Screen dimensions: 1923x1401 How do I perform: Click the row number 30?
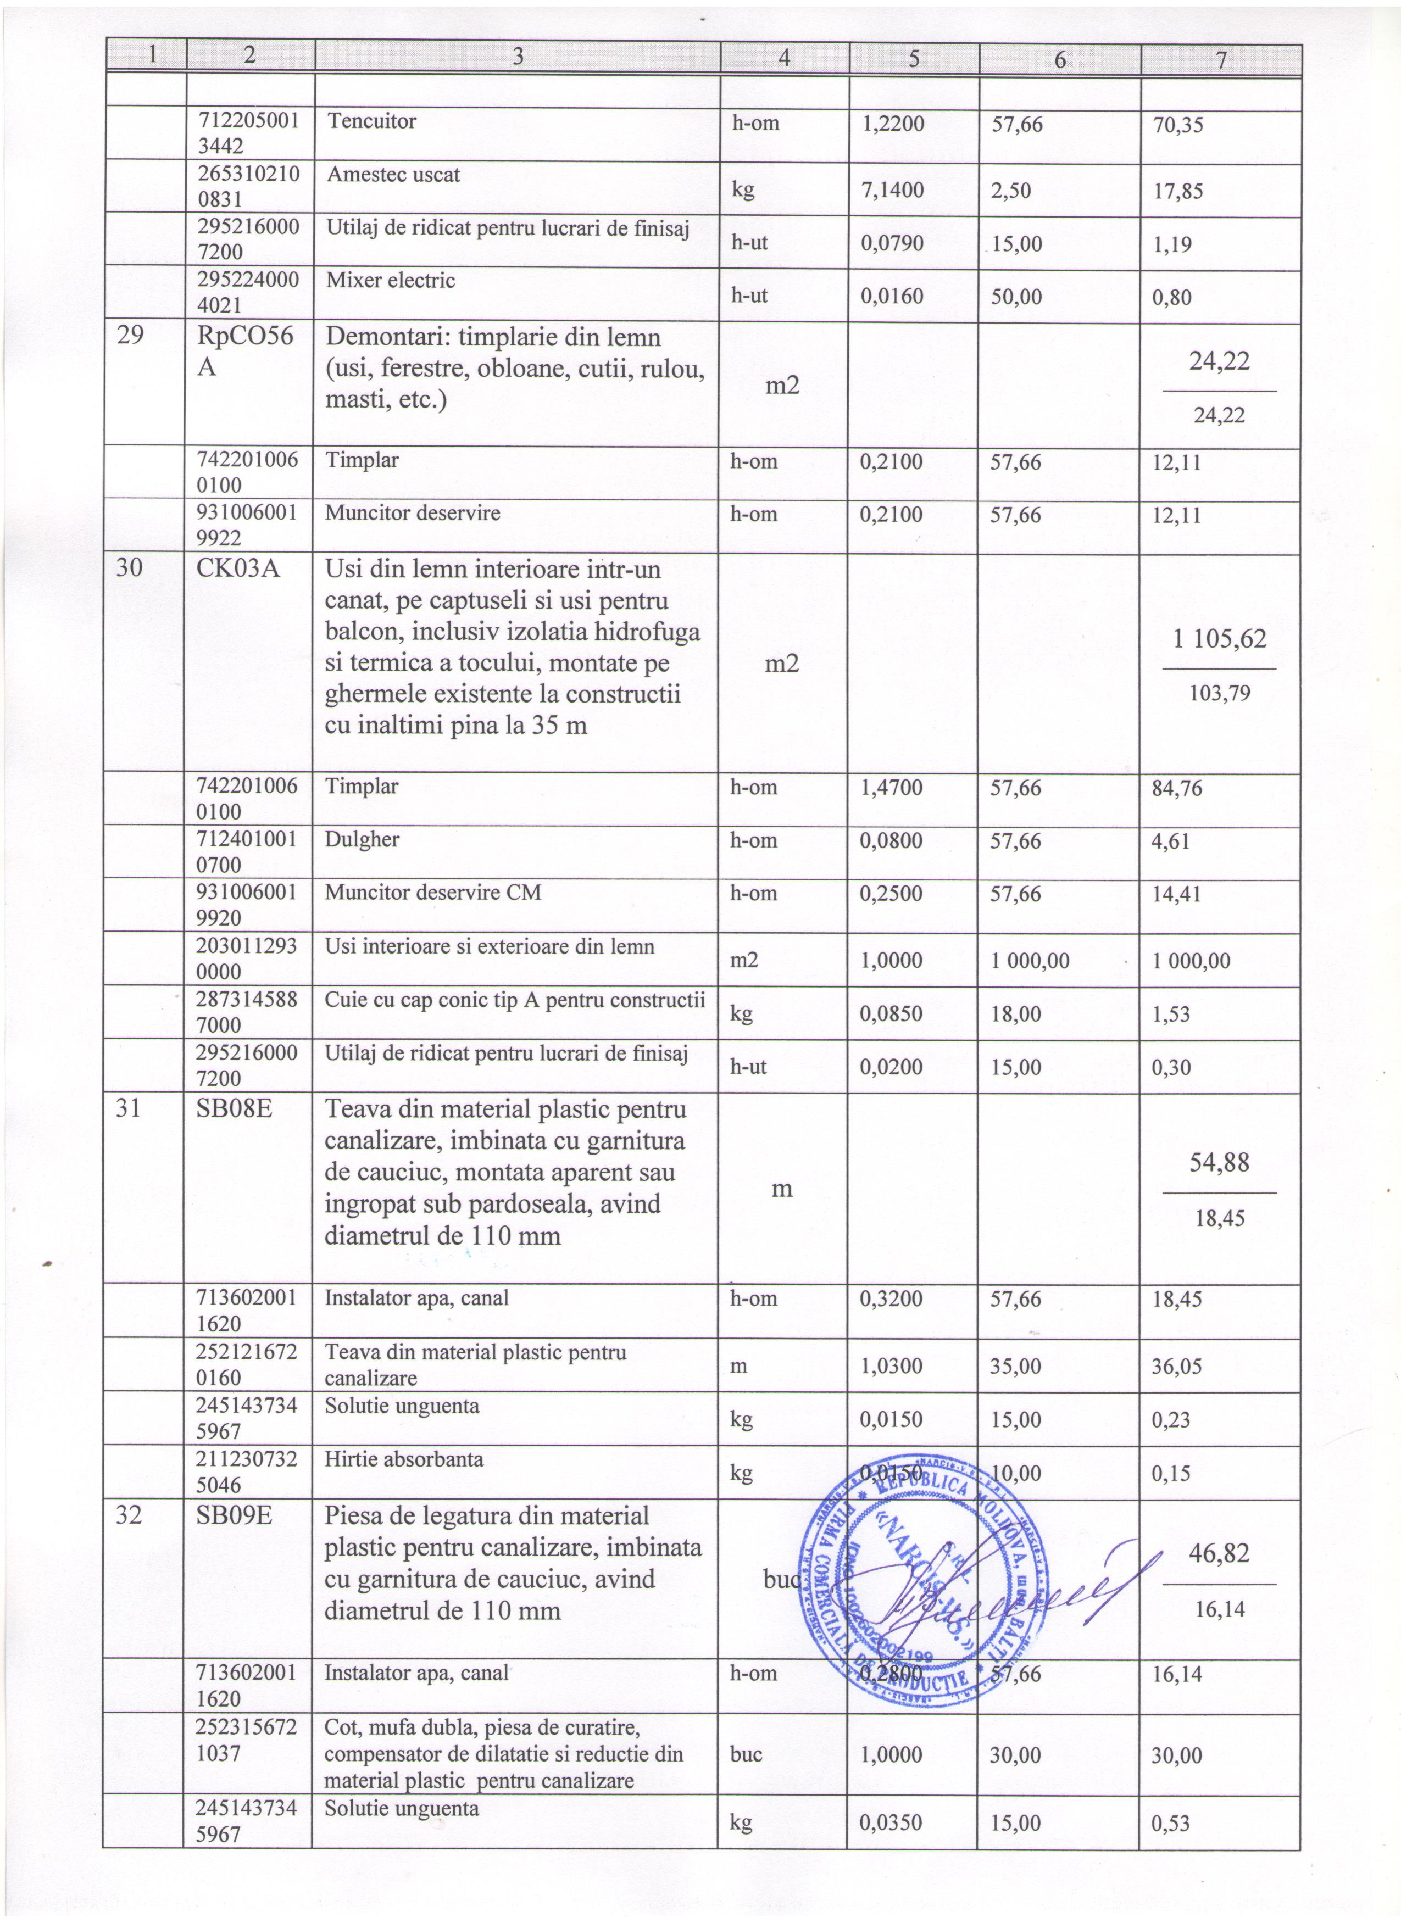pos(129,567)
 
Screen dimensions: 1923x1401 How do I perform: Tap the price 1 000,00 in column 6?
pos(1030,961)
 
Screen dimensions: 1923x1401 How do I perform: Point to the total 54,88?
pos(1219,1162)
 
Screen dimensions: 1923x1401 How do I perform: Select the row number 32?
pos(129,1515)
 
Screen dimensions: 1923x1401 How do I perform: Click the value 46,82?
pos(1219,1552)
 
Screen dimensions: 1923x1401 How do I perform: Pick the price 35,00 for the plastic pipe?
pos(1015,1366)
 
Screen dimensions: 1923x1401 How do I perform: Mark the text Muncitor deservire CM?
pos(432,892)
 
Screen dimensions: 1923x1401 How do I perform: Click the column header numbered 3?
pos(518,56)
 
